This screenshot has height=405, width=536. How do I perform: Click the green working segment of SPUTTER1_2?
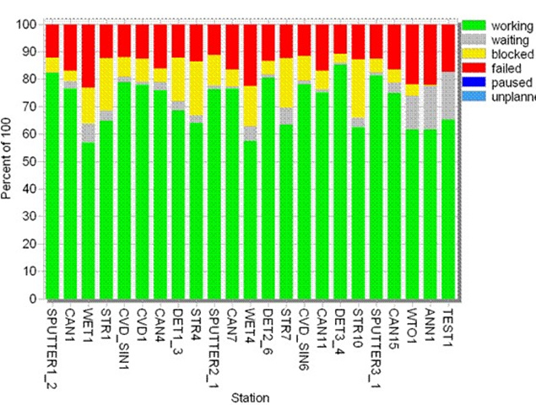pyautogui.click(x=52, y=186)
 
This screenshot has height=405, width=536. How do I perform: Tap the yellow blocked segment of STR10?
pyautogui.click(x=358, y=89)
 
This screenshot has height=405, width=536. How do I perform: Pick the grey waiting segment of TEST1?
pyautogui.click(x=448, y=95)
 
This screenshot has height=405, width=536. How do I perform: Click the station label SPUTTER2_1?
pyautogui.click(x=214, y=342)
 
